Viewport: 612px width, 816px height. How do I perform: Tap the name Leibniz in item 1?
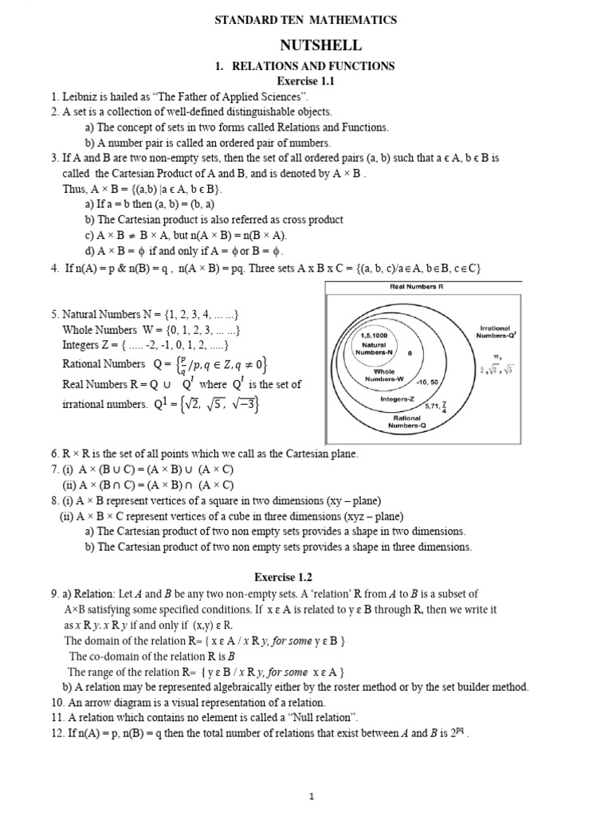82,96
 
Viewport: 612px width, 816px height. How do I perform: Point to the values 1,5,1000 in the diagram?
374,336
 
